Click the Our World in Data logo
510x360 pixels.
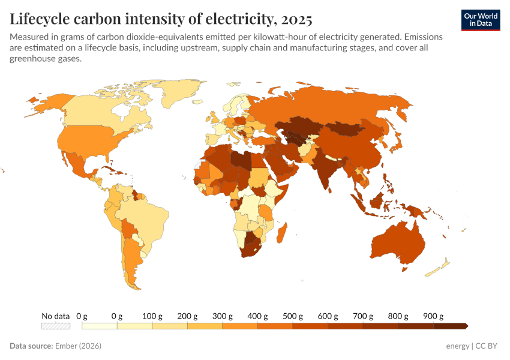[x=480, y=20]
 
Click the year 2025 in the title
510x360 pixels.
[x=296, y=19]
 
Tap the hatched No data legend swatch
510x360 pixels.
[x=56, y=326]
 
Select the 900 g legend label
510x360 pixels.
[x=433, y=316]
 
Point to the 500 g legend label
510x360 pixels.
[x=292, y=316]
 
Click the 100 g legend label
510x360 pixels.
[x=152, y=316]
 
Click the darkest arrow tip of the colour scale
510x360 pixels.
[x=465, y=326]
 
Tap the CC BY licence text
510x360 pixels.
[x=487, y=346]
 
